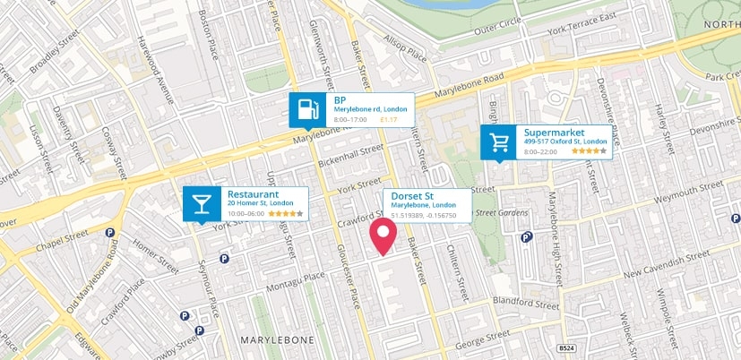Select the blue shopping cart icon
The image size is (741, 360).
coord(498,142)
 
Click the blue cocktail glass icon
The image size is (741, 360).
coord(202,204)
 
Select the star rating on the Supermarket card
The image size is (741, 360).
coord(588,151)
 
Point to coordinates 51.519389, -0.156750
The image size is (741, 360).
coord(424,215)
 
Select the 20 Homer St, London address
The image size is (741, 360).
coord(261,204)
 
